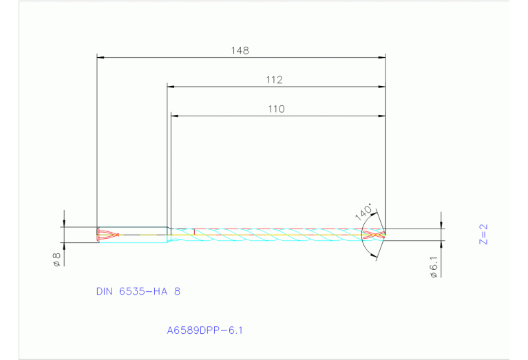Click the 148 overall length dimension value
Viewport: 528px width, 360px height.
click(x=240, y=50)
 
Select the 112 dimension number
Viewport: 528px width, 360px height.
click(x=275, y=80)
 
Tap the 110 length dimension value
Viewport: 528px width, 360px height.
click(x=276, y=109)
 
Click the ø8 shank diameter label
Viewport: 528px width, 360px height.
click(x=57, y=260)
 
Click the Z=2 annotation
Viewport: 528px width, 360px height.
click(x=483, y=234)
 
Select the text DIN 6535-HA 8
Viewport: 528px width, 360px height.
click(x=138, y=291)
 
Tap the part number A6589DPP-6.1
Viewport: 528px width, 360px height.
click(x=204, y=330)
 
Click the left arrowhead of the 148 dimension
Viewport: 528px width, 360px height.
click(x=100, y=57)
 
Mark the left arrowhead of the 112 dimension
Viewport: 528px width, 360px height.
click(x=171, y=87)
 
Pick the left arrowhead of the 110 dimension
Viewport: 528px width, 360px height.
click(x=174, y=116)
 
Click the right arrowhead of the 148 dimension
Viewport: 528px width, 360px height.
click(x=381, y=57)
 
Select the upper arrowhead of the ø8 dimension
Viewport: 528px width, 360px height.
click(x=64, y=224)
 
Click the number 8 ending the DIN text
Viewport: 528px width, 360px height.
click(x=178, y=291)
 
